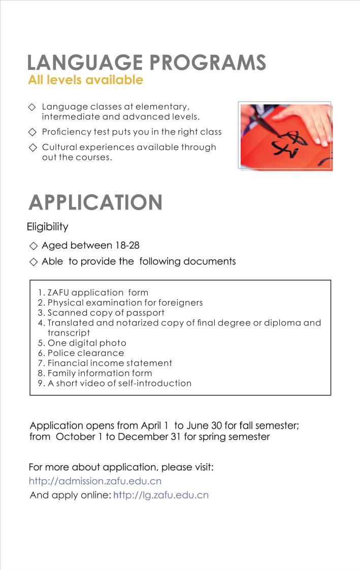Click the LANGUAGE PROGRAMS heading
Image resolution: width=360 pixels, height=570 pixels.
[x=147, y=62]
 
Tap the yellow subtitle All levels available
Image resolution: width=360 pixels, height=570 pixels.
[x=86, y=80]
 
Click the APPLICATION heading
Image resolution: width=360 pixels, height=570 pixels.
[x=96, y=202]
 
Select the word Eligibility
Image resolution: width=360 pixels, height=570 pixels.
[x=48, y=227]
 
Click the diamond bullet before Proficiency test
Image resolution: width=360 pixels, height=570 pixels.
[x=33, y=132]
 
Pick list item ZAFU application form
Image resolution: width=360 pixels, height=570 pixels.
[x=93, y=293]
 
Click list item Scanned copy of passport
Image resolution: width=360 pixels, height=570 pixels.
[x=101, y=313]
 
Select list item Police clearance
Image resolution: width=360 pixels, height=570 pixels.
[x=81, y=353]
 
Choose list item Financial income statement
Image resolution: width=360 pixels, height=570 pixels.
[x=105, y=363]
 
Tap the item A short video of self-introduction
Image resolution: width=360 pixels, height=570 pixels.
[x=115, y=383]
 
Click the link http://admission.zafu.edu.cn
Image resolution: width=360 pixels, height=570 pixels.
[x=95, y=481]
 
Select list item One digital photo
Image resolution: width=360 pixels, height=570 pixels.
[x=82, y=343]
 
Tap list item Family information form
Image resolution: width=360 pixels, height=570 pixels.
[x=95, y=373]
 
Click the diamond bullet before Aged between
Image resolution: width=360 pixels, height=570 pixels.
[x=34, y=246]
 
